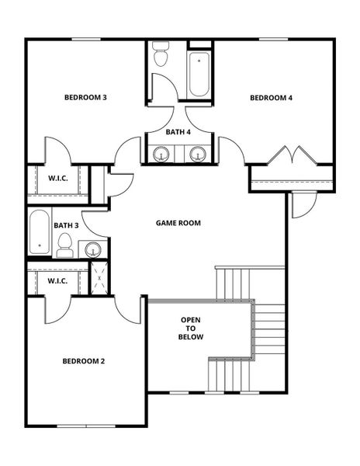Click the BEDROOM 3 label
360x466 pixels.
pyautogui.click(x=85, y=98)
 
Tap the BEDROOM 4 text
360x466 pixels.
pyautogui.click(x=271, y=98)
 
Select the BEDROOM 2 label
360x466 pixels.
pyautogui.click(x=84, y=361)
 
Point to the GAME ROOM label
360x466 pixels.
pyautogui.click(x=178, y=223)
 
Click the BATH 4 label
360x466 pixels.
pyautogui.click(x=178, y=132)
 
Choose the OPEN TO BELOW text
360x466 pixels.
pyautogui.click(x=192, y=329)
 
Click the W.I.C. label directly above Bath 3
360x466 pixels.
pyautogui.click(x=59, y=179)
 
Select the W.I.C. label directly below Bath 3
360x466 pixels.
pyautogui.click(x=59, y=280)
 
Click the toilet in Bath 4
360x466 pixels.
pyautogui.click(x=161, y=55)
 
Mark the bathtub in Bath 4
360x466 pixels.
pyautogui.click(x=199, y=73)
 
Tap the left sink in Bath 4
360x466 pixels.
pyautogui.click(x=161, y=154)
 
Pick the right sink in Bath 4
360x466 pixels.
pyautogui.click(x=198, y=154)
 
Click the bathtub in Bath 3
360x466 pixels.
pyautogui.click(x=39, y=232)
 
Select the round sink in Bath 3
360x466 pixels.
pyautogui.click(x=92, y=249)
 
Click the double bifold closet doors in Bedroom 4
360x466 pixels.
pyautogui.click(x=291, y=155)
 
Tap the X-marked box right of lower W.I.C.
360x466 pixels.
pyautogui.click(x=99, y=278)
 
